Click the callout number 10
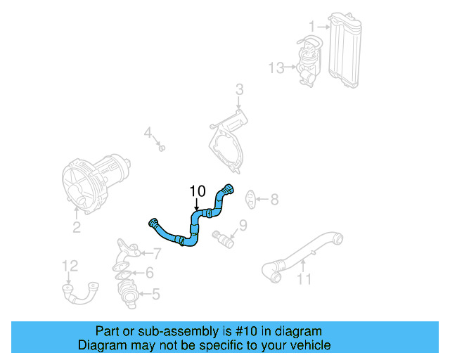point(197,191)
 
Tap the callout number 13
point(276,67)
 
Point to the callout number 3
point(239,90)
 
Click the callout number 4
point(148,132)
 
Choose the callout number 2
point(77,227)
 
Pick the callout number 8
point(274,200)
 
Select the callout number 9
point(243,226)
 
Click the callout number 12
point(70,265)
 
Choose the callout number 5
point(155,293)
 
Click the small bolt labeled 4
point(162,147)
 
